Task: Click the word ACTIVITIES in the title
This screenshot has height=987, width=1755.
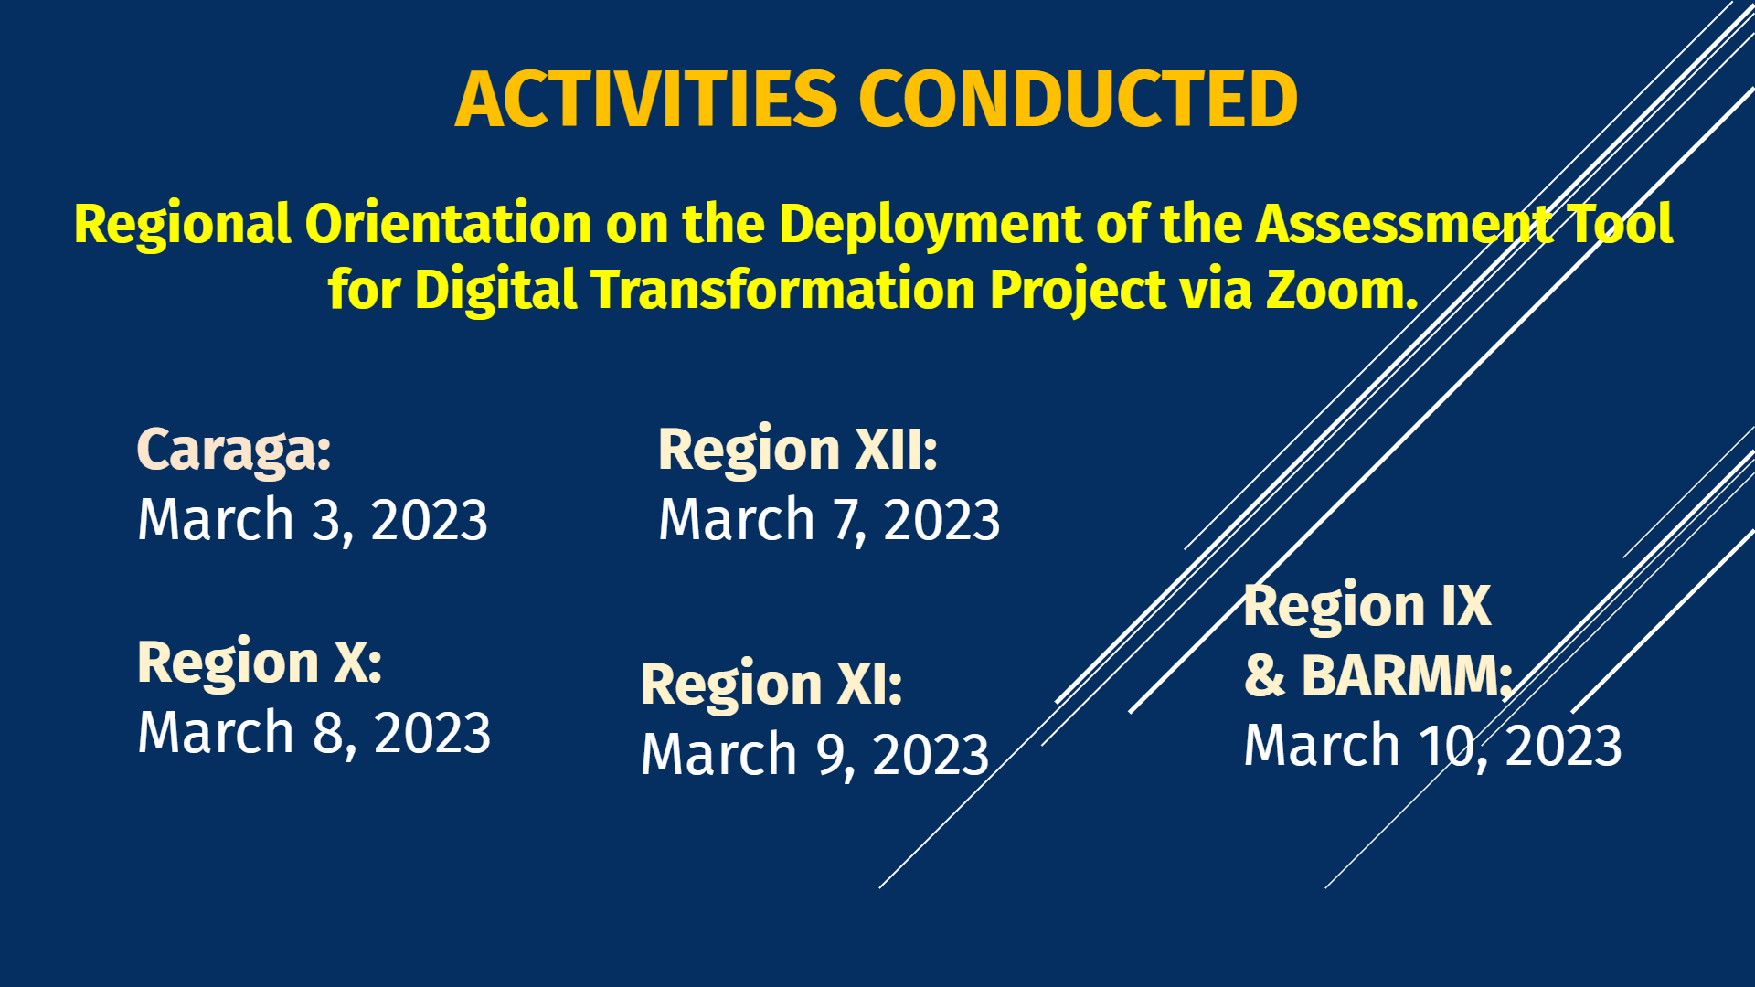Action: coord(646,99)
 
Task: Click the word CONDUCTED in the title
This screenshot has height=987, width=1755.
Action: coord(1079,99)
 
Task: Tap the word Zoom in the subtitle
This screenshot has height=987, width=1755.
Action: coord(1341,290)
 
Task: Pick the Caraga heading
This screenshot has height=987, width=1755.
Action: coord(234,451)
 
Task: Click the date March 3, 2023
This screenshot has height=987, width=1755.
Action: coord(313,521)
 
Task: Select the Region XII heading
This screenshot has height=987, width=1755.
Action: coord(798,451)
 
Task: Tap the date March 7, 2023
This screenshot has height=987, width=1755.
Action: coord(829,521)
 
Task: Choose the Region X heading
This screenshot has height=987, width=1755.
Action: coord(260,663)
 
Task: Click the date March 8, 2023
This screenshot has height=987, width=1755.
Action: coord(314,733)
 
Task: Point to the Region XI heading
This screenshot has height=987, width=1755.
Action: coord(771,685)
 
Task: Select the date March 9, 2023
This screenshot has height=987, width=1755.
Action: coord(815,756)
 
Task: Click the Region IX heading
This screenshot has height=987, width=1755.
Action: coord(1367,607)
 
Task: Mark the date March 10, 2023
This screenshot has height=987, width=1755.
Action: coord(1433,746)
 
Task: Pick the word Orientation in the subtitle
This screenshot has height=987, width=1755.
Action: coord(449,224)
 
